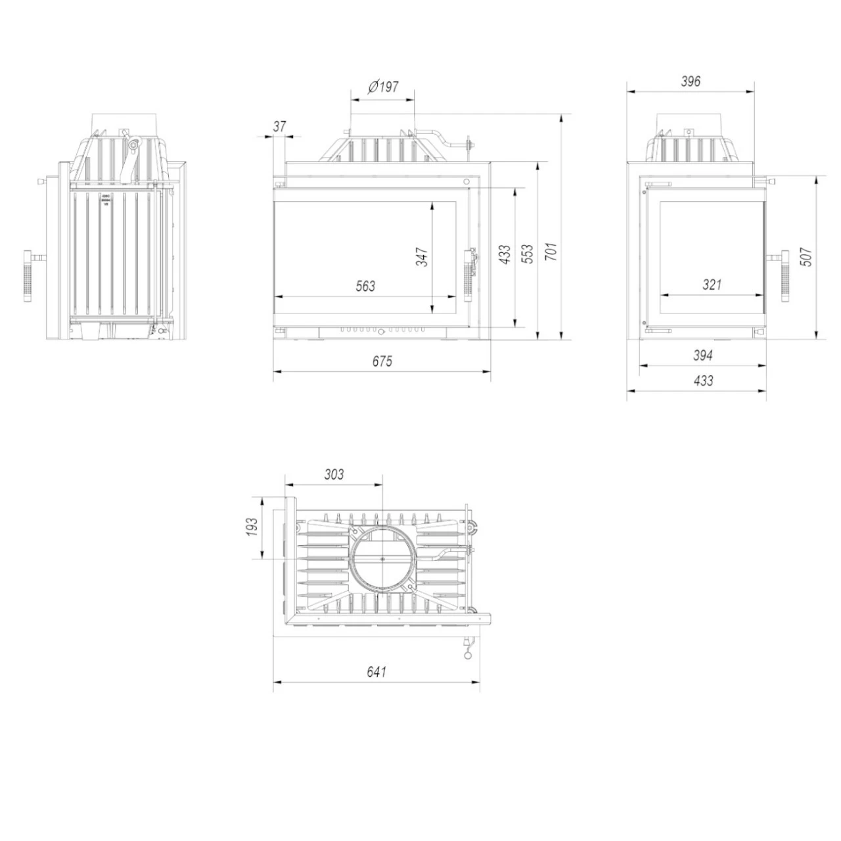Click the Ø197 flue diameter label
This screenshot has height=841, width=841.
(x=384, y=86)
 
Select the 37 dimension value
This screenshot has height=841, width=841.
(x=280, y=126)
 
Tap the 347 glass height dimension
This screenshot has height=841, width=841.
(x=422, y=257)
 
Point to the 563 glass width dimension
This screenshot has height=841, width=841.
(x=365, y=286)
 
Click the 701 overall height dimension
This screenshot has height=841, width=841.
(x=552, y=252)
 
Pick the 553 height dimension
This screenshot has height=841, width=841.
(x=528, y=255)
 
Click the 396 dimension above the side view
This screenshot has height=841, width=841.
(x=691, y=81)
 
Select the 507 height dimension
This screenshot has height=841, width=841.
(x=807, y=256)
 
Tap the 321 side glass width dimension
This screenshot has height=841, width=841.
(x=712, y=284)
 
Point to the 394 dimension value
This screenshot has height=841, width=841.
(x=702, y=355)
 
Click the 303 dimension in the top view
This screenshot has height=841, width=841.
(x=334, y=474)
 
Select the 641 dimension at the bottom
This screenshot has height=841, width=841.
(x=376, y=671)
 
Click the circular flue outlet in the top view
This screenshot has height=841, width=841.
(x=383, y=558)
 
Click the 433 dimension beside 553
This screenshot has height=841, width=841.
(x=504, y=254)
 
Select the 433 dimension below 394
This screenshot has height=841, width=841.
(x=702, y=380)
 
